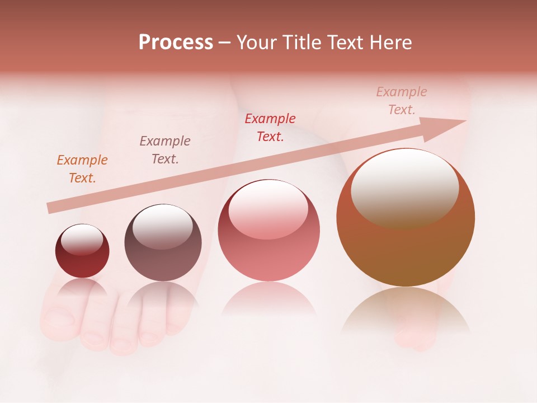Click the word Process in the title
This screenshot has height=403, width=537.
pyautogui.click(x=176, y=43)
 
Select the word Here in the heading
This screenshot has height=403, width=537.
pyautogui.click(x=391, y=43)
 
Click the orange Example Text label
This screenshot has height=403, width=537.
pyautogui.click(x=82, y=169)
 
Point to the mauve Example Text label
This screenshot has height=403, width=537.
pyautogui.click(x=165, y=150)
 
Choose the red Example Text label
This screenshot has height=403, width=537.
pyautogui.click(x=270, y=128)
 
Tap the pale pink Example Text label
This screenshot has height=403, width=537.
pyautogui.click(x=402, y=101)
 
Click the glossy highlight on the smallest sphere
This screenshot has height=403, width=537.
pyautogui.click(x=82, y=240)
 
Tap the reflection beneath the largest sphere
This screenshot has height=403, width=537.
pyautogui.click(x=406, y=311)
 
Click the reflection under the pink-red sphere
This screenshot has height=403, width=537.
pyautogui.click(x=268, y=299)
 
